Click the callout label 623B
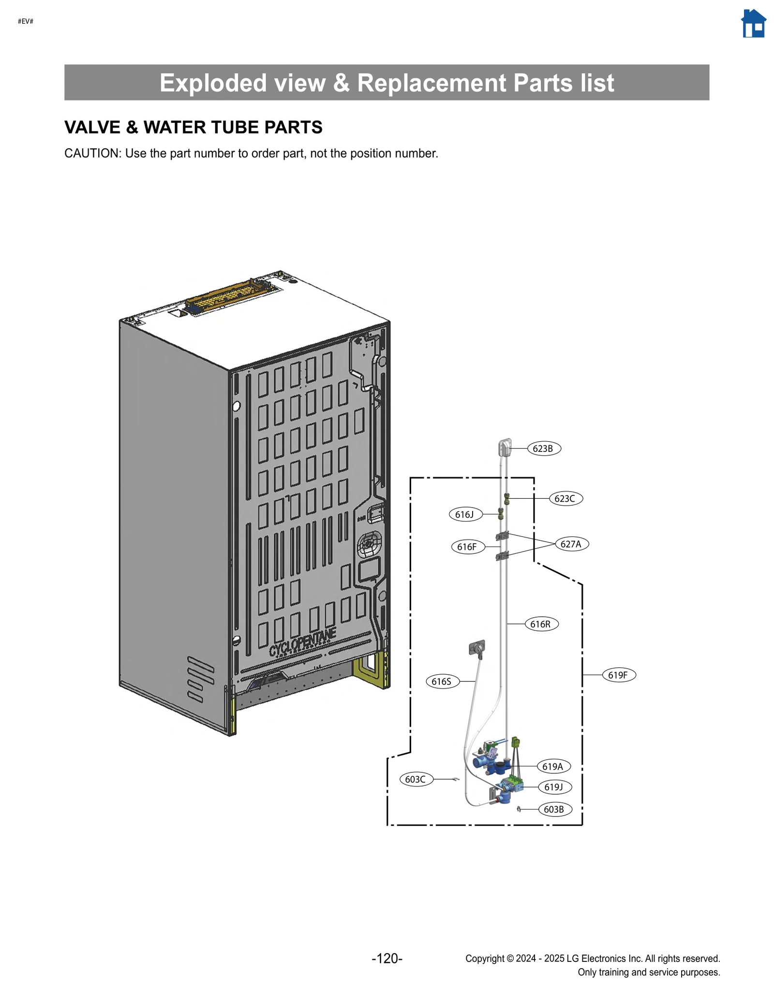(543, 449)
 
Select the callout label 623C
(566, 498)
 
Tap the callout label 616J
(465, 514)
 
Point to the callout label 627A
(571, 544)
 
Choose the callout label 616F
(467, 547)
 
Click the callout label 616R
(541, 624)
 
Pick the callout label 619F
(619, 675)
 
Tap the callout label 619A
(553, 766)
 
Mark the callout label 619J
(554, 787)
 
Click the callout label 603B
(555, 809)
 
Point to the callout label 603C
(416, 779)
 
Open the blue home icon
(753, 24)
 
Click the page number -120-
(387, 958)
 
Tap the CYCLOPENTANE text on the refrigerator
(302, 643)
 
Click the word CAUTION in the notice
(92, 154)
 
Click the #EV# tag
(26, 21)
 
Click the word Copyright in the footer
(484, 958)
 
